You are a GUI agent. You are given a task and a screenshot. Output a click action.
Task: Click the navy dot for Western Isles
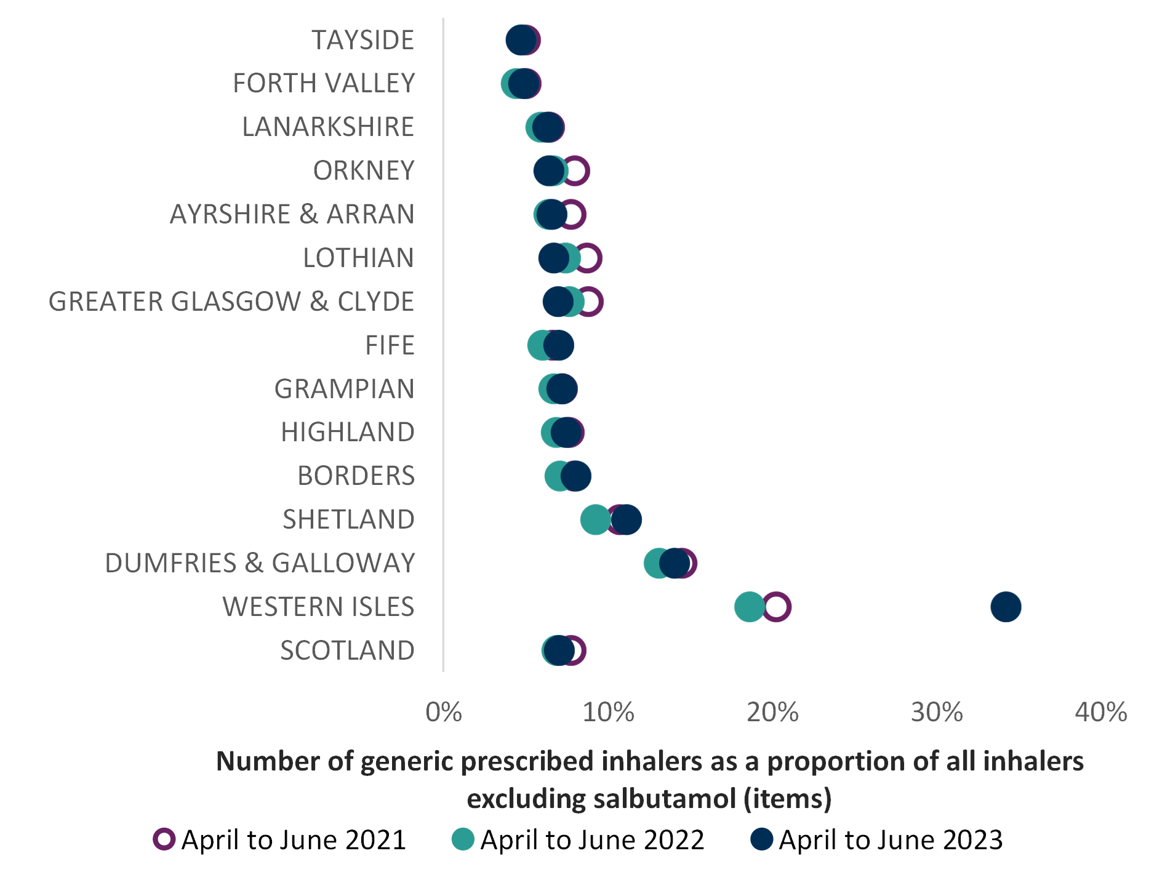tap(1006, 607)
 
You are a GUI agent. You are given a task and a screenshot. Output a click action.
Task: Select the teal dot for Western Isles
tap(750, 607)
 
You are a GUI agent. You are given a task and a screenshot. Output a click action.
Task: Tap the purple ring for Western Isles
tap(777, 607)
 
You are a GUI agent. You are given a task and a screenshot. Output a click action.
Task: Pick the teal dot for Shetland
tap(595, 519)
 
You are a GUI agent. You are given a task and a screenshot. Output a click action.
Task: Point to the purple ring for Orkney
tap(577, 170)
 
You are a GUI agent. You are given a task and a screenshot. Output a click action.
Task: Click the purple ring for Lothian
tap(589, 258)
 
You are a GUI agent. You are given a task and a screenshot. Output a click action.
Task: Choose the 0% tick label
tap(444, 712)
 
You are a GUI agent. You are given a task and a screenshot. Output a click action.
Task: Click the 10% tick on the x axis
tap(608, 712)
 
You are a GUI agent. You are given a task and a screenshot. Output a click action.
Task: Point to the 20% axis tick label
tap(772, 712)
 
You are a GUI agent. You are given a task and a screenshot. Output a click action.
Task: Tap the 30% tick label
tap(937, 712)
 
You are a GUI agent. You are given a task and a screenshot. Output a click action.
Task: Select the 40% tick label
tap(1101, 712)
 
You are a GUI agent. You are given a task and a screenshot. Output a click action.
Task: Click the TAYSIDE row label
tap(363, 41)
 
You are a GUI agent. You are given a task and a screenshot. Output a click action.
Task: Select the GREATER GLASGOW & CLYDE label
tap(231, 302)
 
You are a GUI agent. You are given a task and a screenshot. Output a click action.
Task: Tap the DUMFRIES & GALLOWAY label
tap(260, 563)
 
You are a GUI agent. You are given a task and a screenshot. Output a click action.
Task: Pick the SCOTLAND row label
tap(347, 650)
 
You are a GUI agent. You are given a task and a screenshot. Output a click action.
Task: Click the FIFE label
tap(390, 345)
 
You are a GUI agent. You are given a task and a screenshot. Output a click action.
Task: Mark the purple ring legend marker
tap(164, 839)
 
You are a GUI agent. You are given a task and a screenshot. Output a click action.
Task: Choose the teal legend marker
tap(463, 839)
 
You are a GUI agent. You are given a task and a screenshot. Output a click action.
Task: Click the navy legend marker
tap(762, 839)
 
